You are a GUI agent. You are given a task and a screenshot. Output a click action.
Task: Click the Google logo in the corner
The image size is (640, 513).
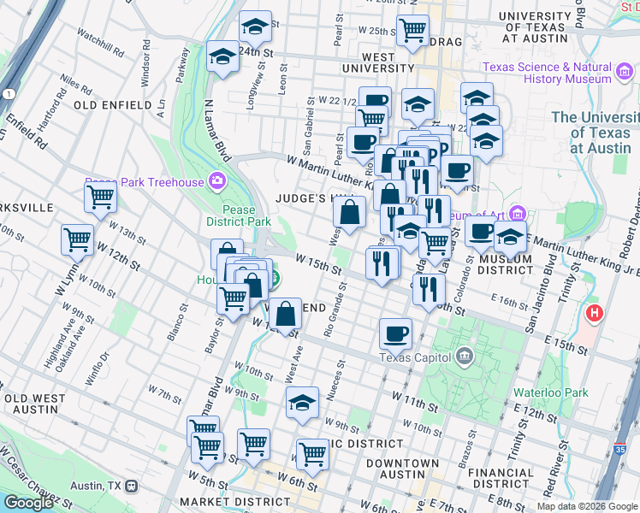(x=28, y=502)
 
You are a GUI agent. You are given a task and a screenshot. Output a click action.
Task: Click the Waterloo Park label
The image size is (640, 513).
(x=551, y=392)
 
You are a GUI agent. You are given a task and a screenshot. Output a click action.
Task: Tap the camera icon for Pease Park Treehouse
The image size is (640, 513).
(x=218, y=181)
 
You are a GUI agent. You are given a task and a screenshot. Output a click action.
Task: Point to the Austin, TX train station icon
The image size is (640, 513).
(x=131, y=486)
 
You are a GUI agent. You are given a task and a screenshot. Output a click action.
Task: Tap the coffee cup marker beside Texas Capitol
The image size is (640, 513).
(x=395, y=333)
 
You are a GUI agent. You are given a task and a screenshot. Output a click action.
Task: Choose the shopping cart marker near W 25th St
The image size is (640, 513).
(x=413, y=28)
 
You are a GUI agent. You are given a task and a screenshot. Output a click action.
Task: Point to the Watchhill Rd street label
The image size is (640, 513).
(x=101, y=37)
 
